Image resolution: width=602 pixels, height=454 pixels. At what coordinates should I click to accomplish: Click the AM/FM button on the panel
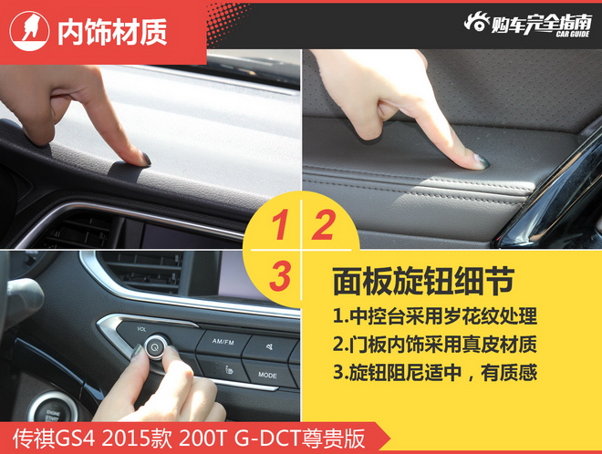click(223, 341)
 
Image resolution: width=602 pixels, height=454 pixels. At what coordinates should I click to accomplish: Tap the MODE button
click(267, 375)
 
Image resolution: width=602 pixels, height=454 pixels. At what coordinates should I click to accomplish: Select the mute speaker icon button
click(270, 347)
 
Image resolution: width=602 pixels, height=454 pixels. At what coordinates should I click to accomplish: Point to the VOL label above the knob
click(141, 329)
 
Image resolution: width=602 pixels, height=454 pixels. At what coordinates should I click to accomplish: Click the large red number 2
click(323, 226)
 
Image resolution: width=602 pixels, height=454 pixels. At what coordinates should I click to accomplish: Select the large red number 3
click(280, 276)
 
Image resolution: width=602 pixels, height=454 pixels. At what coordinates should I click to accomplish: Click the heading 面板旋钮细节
click(422, 282)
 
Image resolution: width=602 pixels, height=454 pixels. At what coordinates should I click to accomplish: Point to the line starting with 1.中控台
click(434, 316)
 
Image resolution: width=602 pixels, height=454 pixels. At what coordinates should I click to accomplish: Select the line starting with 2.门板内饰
click(434, 344)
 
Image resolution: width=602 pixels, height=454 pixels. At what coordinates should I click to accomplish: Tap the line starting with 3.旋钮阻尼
click(434, 372)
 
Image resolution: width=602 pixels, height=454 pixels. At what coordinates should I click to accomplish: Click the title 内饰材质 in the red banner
click(112, 32)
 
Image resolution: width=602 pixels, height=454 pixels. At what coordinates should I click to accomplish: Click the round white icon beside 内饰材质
click(29, 31)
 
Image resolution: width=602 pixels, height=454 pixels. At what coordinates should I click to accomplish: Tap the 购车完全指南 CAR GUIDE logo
click(527, 25)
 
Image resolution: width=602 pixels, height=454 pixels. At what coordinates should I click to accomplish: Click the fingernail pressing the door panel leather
click(483, 161)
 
